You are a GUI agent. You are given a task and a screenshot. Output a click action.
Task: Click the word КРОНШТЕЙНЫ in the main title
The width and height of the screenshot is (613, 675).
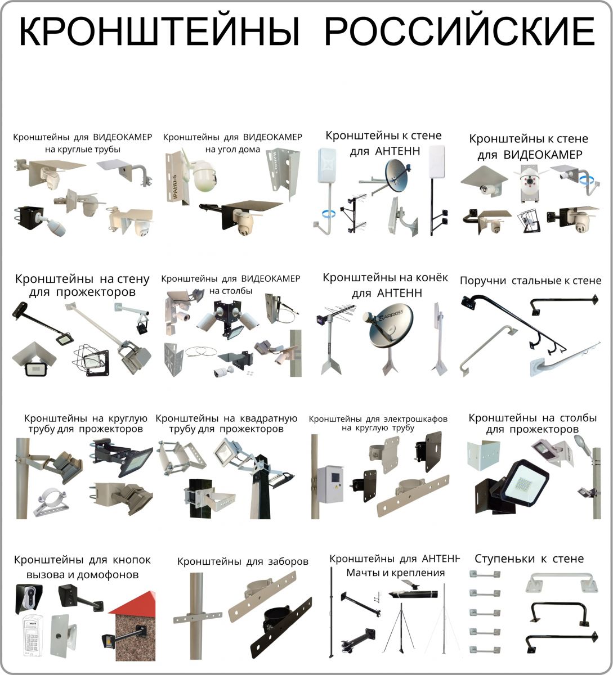point(159,31)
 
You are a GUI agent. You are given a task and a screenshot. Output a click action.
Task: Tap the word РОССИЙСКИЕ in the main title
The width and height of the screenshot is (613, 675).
point(459,31)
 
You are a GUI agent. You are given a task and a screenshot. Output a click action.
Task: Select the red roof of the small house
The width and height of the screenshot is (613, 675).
point(132,604)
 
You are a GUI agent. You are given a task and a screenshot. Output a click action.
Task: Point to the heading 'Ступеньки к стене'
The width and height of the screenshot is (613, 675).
point(529,559)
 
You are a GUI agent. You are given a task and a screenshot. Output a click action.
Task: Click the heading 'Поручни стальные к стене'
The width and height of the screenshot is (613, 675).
point(530,280)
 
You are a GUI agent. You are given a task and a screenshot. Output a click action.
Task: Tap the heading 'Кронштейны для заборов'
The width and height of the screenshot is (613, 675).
point(243,561)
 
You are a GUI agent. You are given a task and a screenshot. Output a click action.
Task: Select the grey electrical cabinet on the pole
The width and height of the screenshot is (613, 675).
point(331,484)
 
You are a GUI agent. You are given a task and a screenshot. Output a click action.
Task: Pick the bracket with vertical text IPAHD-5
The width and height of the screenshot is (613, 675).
point(176,178)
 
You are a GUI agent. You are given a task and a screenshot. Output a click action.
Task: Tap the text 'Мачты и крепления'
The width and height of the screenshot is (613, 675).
point(395,573)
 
